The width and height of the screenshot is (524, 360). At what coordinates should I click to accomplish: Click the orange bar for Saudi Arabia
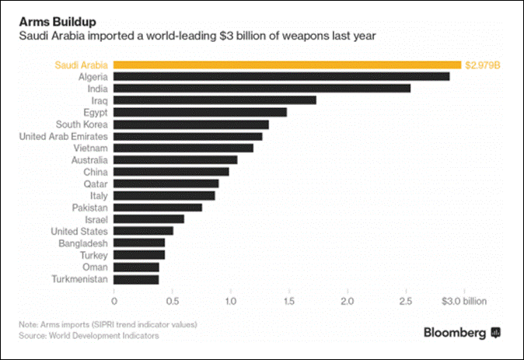[x=288, y=65]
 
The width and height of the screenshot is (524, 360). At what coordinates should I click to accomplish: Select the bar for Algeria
[x=281, y=77]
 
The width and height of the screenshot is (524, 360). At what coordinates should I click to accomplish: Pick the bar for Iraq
[x=215, y=100]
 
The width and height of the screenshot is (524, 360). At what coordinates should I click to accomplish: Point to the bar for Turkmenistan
[x=136, y=278]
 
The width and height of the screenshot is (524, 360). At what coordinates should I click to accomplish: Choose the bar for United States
[x=143, y=231]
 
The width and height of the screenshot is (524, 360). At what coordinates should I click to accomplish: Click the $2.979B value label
[x=482, y=65]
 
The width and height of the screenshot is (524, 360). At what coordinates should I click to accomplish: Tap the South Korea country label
[x=82, y=124]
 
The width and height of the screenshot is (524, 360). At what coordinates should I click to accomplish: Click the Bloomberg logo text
[x=455, y=333]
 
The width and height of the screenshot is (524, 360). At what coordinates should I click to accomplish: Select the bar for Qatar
[x=166, y=183]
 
